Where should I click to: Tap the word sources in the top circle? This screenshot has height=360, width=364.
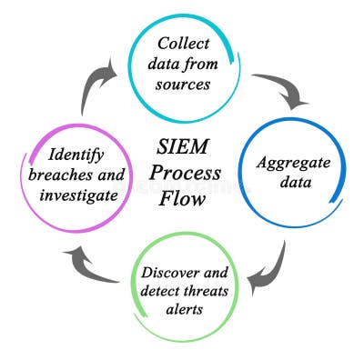click(185, 85)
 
